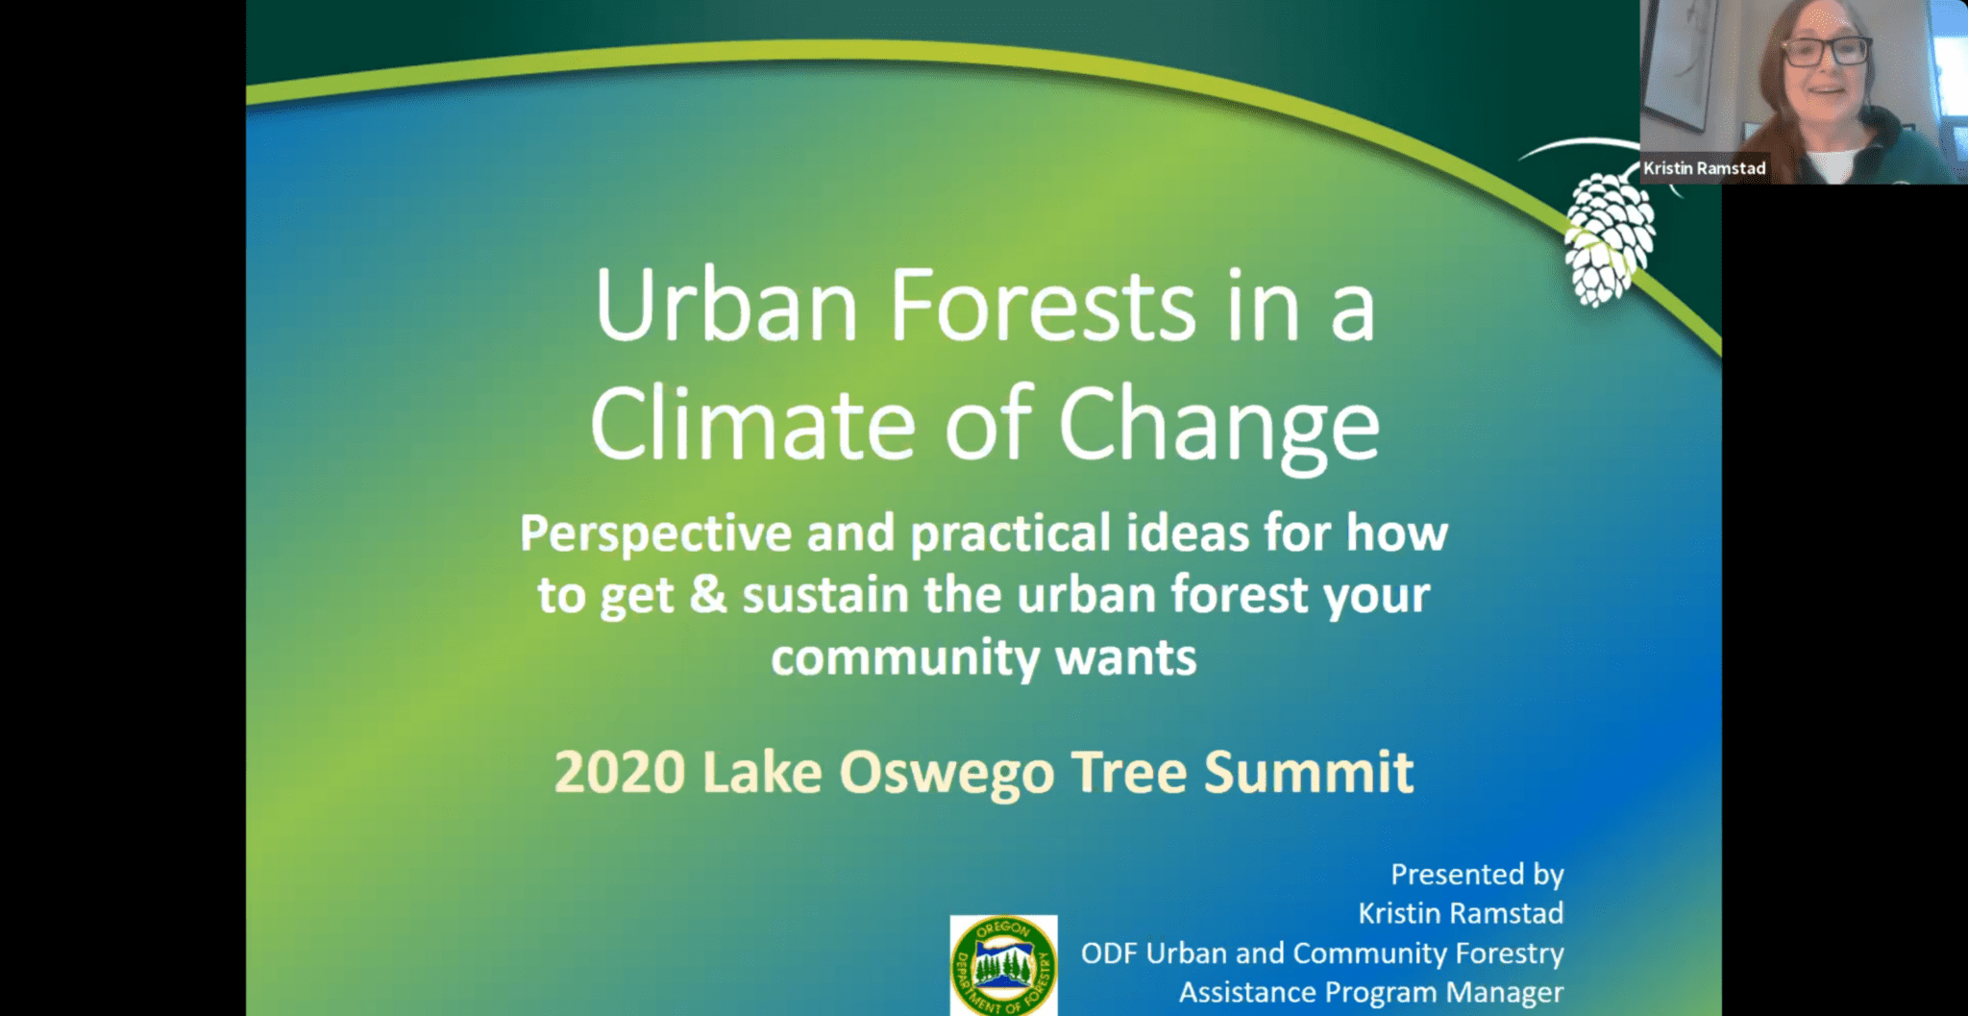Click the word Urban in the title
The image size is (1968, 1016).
click(x=726, y=306)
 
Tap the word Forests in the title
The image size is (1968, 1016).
click(x=1043, y=306)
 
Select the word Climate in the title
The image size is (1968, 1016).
click(x=752, y=426)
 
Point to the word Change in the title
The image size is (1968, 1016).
click(x=1218, y=426)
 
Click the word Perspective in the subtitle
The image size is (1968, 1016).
click(x=654, y=534)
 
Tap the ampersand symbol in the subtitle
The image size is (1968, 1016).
click(x=708, y=594)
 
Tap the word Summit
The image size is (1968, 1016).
click(x=1308, y=772)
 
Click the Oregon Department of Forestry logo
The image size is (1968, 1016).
click(x=1003, y=965)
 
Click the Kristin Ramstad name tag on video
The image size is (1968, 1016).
click(x=1704, y=168)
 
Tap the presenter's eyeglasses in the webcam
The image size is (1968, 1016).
click(x=1825, y=51)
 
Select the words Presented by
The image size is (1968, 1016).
click(x=1477, y=874)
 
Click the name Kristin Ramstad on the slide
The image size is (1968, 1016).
click(x=1460, y=913)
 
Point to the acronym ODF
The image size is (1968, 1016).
click(x=1108, y=954)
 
